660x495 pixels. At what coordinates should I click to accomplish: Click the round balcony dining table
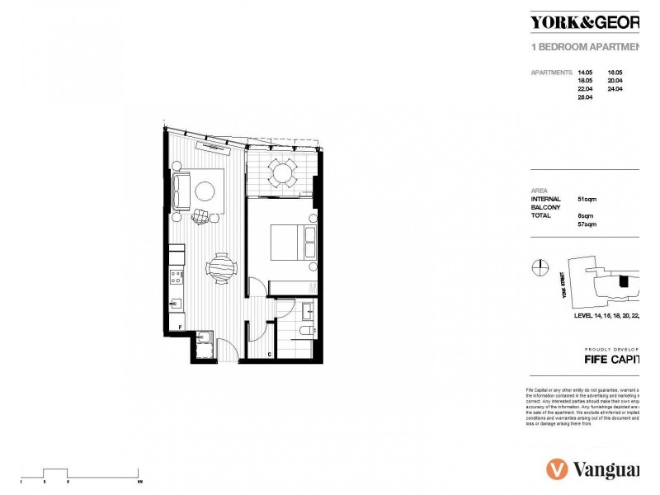pyautogui.click(x=283, y=172)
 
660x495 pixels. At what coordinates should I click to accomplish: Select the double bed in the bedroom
pyautogui.click(x=290, y=242)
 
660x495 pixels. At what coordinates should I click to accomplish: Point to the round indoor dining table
pyautogui.click(x=221, y=266)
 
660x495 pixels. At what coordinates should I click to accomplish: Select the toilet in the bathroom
pyautogui.click(x=304, y=331)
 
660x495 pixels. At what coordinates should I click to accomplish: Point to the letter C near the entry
pyautogui.click(x=270, y=355)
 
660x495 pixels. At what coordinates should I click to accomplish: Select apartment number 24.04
pyautogui.click(x=615, y=89)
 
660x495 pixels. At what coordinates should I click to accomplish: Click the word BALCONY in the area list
pyautogui.click(x=545, y=207)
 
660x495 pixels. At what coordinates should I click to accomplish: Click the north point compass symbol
pyautogui.click(x=539, y=266)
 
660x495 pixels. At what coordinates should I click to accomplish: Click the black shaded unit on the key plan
pyautogui.click(x=624, y=281)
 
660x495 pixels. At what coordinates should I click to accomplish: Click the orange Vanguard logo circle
pyautogui.click(x=557, y=469)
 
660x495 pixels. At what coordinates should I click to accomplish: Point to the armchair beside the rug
pyautogui.click(x=200, y=217)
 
